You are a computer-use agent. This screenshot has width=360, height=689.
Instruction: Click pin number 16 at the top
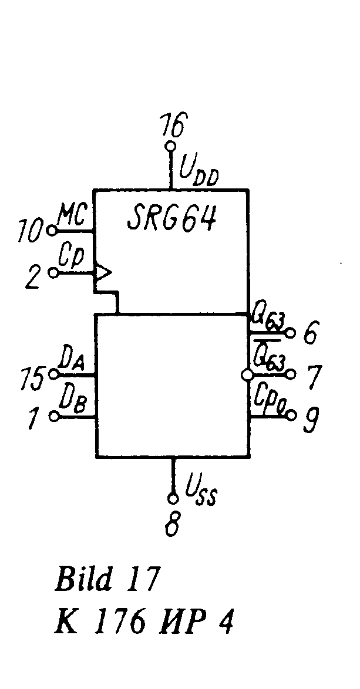[173, 126]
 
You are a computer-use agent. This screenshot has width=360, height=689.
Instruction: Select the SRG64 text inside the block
[171, 220]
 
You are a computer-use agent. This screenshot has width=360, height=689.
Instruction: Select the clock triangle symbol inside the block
[103, 272]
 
